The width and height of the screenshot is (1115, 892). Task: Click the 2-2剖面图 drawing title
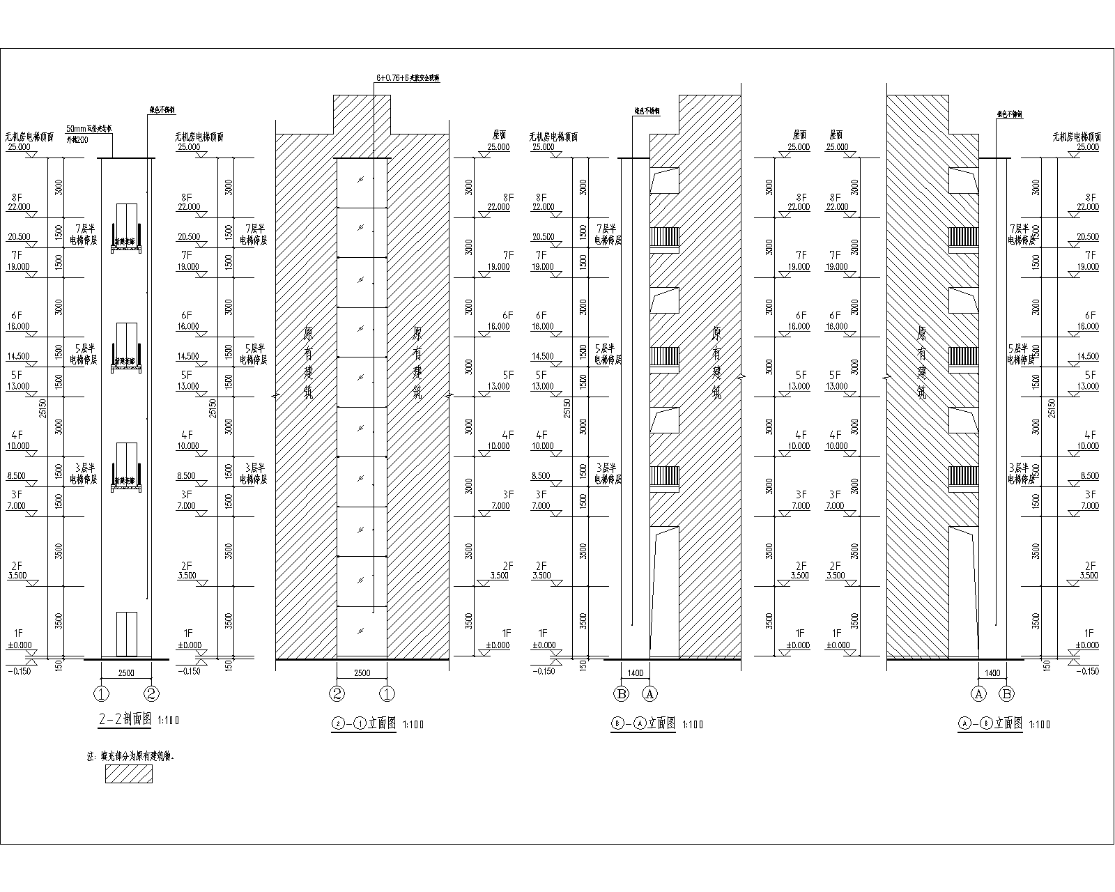[125, 720]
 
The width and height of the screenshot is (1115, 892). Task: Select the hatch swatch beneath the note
[129, 774]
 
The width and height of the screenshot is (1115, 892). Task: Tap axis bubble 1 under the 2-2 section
[102, 693]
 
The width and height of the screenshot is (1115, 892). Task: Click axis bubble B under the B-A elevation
[621, 693]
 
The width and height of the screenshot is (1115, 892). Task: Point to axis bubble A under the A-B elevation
[979, 693]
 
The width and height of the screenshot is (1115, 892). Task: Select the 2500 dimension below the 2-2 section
[126, 673]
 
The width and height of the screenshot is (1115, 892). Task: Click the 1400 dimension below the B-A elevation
[635, 673]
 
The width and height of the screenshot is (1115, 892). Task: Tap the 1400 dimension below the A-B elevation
[992, 673]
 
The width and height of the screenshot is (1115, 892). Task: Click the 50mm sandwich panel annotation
[89, 129]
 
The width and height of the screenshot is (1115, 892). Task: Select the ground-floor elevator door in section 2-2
[126, 634]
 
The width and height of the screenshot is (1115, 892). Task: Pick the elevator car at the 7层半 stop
[126, 227]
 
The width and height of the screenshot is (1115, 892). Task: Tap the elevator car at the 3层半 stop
[126, 466]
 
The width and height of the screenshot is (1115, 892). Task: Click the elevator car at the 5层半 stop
[126, 346]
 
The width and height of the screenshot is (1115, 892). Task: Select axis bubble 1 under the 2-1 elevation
[387, 693]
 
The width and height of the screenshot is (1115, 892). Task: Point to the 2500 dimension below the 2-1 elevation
[362, 673]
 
